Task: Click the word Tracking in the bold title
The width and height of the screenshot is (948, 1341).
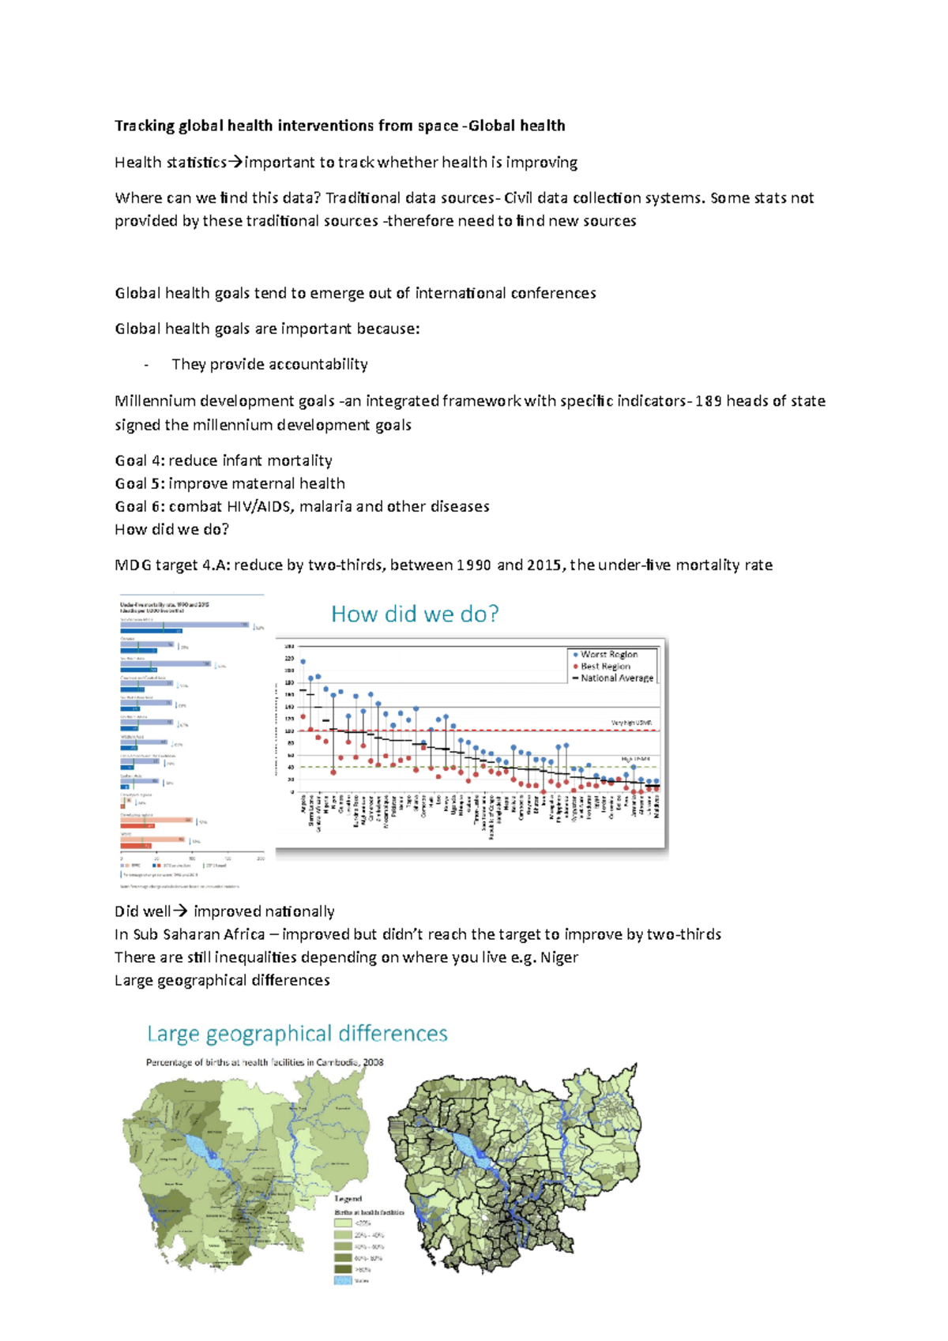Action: coord(145,126)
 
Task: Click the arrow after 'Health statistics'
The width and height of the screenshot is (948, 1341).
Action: coord(235,163)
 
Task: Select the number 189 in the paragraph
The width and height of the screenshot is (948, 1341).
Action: coord(708,401)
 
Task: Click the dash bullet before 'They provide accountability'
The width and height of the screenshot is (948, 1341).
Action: coord(146,365)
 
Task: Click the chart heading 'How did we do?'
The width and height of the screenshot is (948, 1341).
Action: coord(415,614)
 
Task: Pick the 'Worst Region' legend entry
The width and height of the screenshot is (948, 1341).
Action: coord(608,654)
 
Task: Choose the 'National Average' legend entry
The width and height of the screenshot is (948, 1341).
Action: coord(616,678)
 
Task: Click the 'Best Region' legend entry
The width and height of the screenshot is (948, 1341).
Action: coord(605,666)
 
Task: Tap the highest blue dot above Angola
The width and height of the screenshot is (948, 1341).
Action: coord(303,662)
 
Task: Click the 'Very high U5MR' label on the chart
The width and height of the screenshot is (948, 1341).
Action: coord(630,723)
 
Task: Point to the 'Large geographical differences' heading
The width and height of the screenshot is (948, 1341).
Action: coord(297,1033)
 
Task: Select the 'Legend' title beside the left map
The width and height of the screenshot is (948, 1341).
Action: coord(348,1199)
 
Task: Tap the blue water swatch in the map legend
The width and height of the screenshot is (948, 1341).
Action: coord(343,1280)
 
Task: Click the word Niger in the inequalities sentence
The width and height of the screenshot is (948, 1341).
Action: coord(559,957)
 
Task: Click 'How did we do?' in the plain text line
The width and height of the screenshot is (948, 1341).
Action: coord(171,529)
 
